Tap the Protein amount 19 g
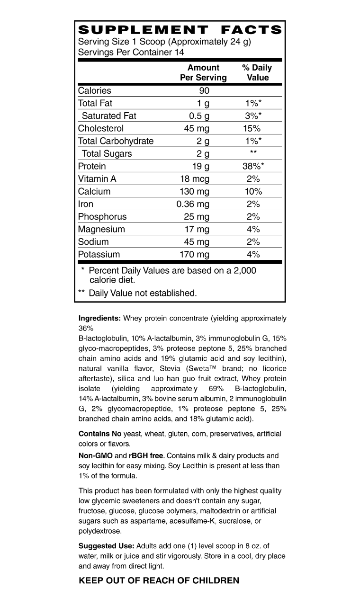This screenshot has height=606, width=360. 200,166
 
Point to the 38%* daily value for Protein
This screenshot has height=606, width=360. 253,166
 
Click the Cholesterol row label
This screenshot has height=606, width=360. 101,128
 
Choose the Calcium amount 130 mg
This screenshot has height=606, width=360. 196,191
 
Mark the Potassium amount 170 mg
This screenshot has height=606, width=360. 196,254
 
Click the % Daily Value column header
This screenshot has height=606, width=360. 257,72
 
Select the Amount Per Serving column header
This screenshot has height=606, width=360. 203,72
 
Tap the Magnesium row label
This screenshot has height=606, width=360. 101,229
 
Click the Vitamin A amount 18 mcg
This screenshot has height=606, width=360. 194,179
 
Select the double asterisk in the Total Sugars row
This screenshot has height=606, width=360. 253,152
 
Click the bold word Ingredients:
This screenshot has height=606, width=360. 99,319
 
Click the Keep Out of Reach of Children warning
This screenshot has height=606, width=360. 159,580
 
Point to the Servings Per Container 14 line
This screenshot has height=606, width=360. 131,52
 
